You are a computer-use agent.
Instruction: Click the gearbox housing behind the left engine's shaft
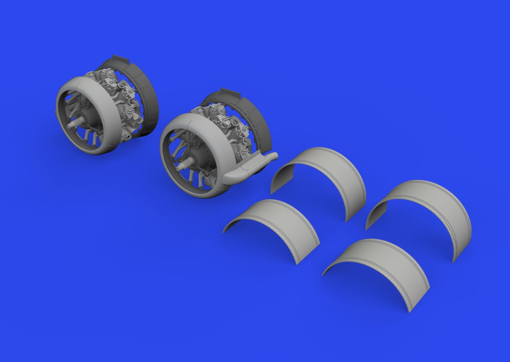click(x=88, y=120)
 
